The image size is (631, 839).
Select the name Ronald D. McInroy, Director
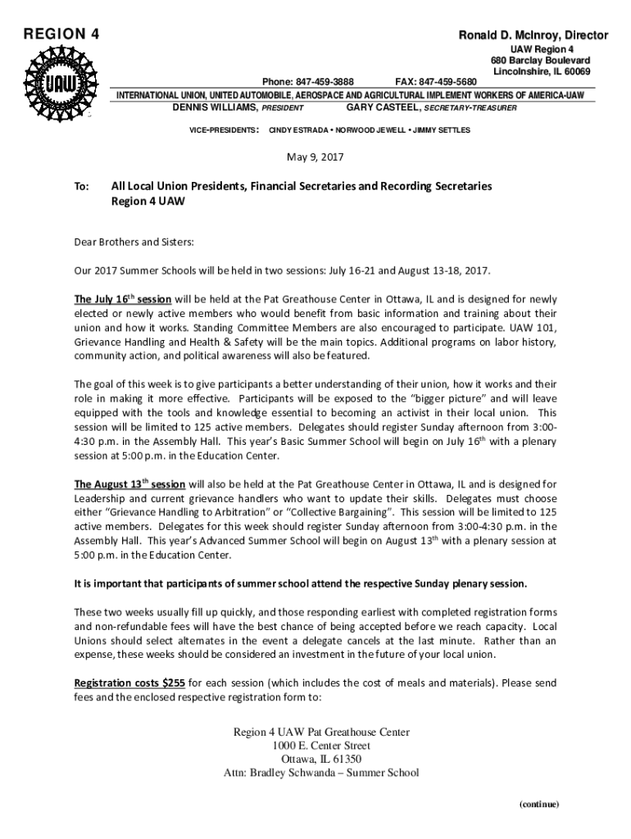click(533, 35)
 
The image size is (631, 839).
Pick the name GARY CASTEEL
click(381, 107)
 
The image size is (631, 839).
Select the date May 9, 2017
click(315, 156)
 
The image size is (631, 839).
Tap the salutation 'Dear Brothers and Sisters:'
click(134, 243)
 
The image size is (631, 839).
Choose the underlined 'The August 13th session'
click(129, 483)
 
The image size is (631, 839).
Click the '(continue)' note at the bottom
click(538, 804)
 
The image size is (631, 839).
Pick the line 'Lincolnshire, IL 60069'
click(542, 72)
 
